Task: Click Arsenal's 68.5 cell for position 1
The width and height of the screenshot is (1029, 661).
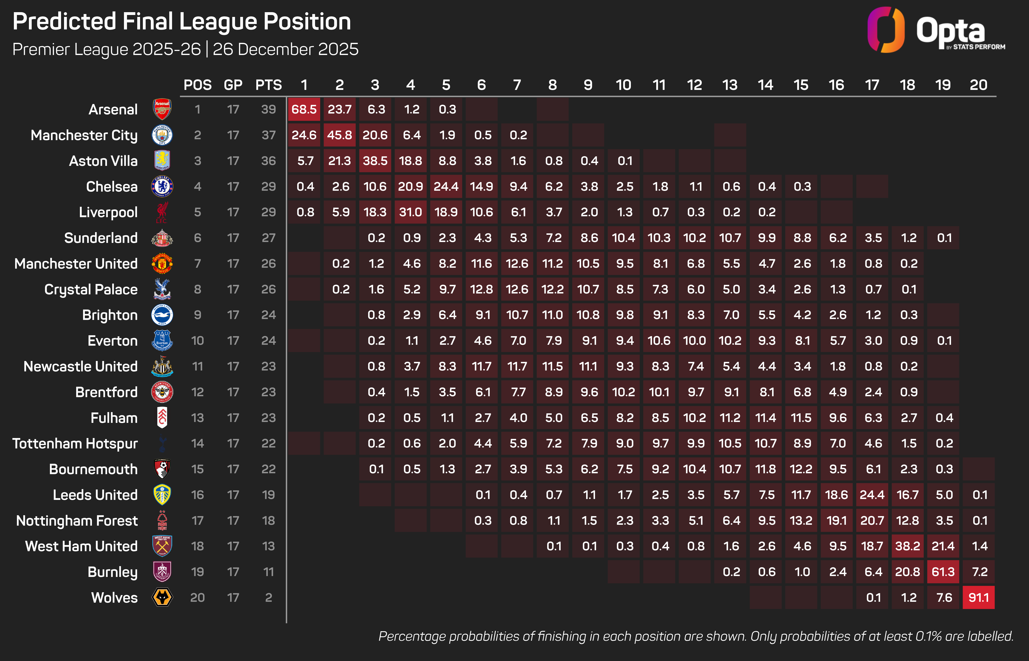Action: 304,109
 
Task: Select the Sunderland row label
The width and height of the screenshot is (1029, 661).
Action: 101,238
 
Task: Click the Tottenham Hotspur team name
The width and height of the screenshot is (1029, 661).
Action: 75,443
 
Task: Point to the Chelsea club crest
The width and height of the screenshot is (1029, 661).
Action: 162,186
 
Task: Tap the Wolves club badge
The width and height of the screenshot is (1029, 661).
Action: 162,598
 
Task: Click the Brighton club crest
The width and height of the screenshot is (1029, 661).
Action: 162,315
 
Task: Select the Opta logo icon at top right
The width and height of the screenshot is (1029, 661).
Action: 886,30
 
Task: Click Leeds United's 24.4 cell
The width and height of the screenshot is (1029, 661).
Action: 872,495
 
